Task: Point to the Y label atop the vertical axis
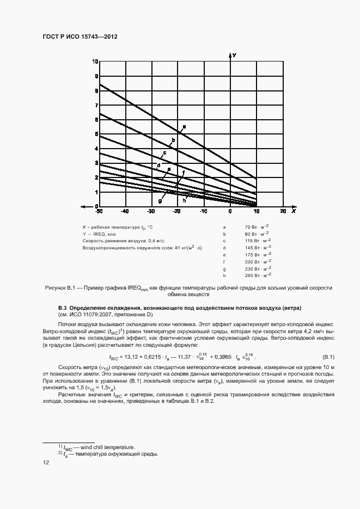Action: [x=234, y=55]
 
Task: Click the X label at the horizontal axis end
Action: [x=293, y=211]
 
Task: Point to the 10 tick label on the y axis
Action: [x=95, y=62]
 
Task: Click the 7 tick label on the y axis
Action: [x=96, y=105]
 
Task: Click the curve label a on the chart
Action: [x=184, y=127]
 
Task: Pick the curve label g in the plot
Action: [x=160, y=201]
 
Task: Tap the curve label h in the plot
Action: [x=184, y=200]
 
